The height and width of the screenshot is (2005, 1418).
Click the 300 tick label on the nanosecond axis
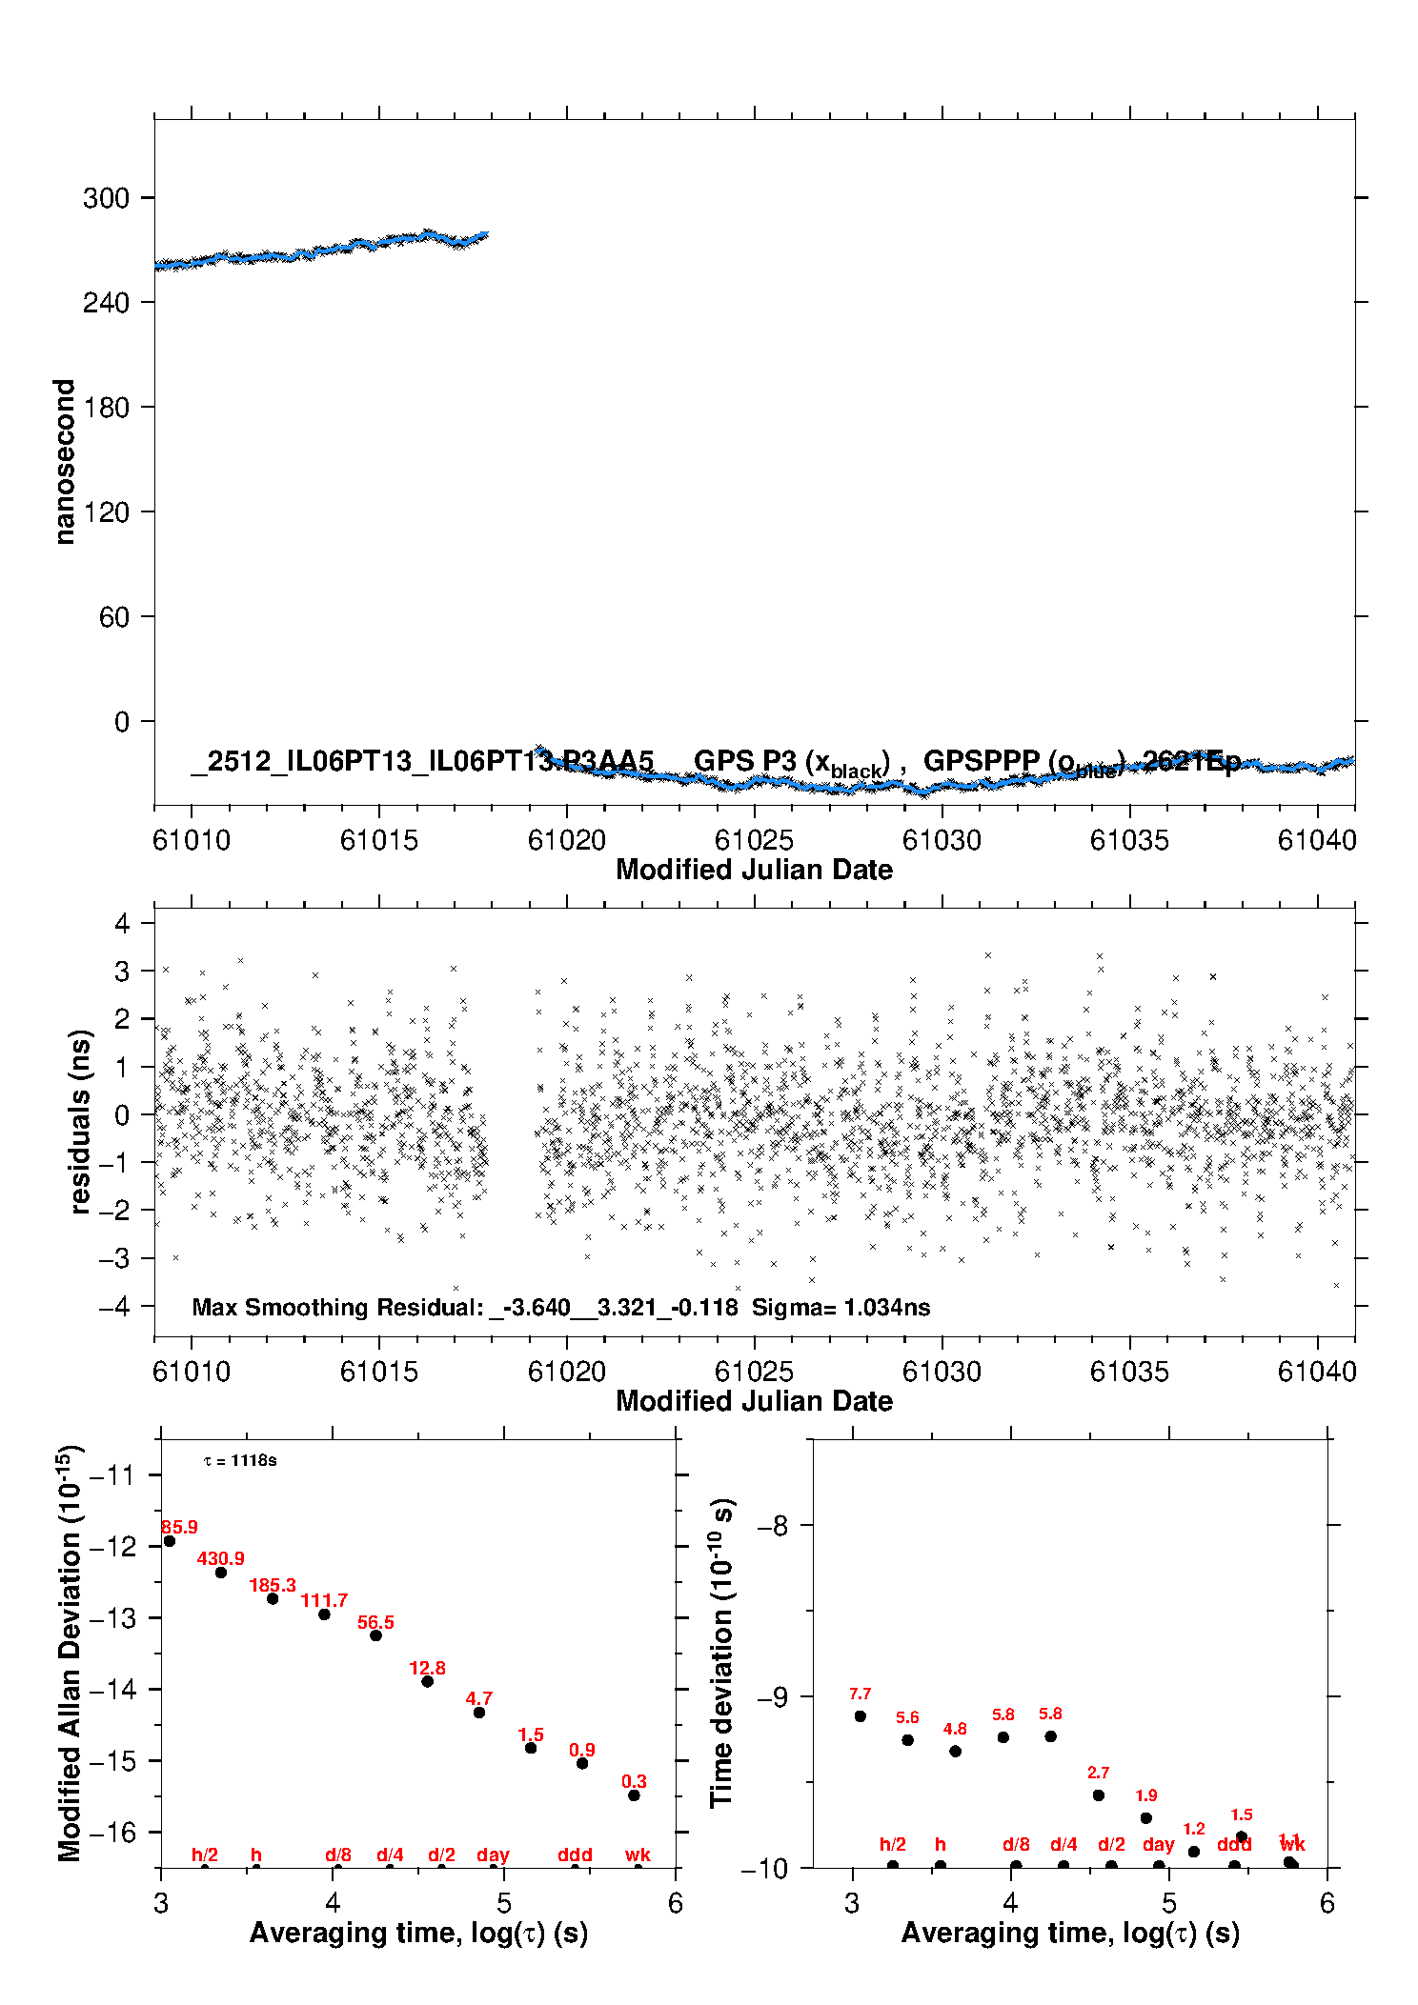(x=106, y=198)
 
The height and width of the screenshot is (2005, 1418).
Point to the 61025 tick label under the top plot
(x=754, y=840)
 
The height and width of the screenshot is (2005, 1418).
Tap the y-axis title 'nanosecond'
(x=64, y=462)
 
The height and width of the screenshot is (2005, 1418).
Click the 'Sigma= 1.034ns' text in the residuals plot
(x=841, y=1307)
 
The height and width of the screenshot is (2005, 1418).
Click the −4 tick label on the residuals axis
(x=113, y=1306)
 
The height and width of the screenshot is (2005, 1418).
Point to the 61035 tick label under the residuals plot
(x=1129, y=1372)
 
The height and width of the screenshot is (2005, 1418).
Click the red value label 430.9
(x=220, y=1558)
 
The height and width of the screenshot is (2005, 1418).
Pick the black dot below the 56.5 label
(x=375, y=1635)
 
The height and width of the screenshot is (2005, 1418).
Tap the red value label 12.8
(x=427, y=1668)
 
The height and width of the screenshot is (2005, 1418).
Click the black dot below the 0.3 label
(x=634, y=1795)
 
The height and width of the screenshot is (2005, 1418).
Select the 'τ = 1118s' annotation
(x=240, y=1461)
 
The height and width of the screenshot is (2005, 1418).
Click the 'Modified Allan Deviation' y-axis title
(x=70, y=1653)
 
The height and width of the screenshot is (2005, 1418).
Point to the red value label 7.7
(x=860, y=1694)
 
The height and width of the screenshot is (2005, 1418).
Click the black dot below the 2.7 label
(x=1098, y=1795)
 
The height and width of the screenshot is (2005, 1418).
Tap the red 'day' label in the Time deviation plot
(x=1158, y=1844)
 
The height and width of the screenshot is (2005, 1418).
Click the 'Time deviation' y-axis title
(x=721, y=1653)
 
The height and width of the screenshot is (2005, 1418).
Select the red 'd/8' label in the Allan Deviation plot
(x=338, y=1855)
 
